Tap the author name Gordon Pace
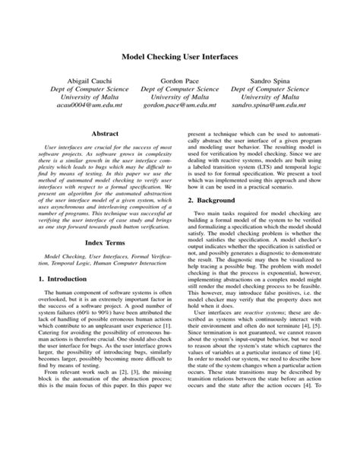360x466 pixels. [179, 79]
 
